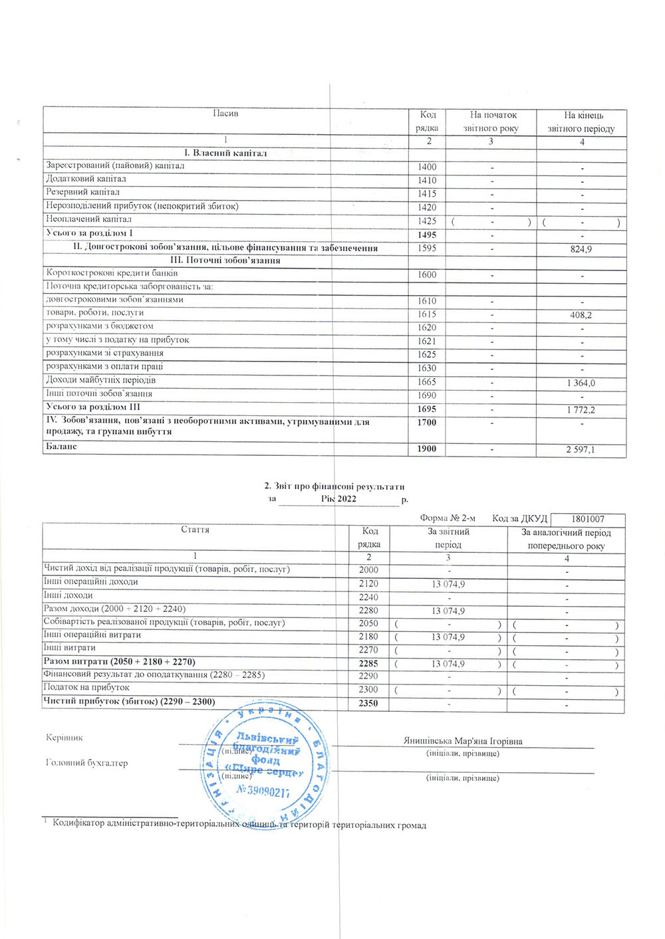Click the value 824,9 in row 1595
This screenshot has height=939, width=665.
(x=581, y=249)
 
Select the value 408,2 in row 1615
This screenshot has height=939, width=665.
(x=581, y=315)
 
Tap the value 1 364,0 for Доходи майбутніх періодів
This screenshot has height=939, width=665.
(x=581, y=383)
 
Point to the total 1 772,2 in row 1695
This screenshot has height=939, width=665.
(x=581, y=409)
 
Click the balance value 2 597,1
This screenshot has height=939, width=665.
(x=581, y=450)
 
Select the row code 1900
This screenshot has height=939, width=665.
(x=427, y=449)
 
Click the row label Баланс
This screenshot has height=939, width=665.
(x=61, y=447)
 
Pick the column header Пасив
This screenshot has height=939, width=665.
(x=225, y=114)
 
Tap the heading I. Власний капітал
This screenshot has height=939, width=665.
(x=225, y=153)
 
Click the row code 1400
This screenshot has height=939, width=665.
(x=427, y=167)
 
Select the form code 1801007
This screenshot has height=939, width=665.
(x=588, y=519)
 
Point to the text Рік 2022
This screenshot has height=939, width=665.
(x=338, y=499)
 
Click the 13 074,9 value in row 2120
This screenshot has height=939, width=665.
(x=448, y=584)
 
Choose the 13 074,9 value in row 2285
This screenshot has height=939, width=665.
(x=448, y=664)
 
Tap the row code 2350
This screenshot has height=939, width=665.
(x=368, y=702)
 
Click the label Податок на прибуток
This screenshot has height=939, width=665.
(x=86, y=687)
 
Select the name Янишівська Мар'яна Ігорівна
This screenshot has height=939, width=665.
(x=463, y=741)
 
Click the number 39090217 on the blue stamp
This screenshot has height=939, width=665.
(x=263, y=790)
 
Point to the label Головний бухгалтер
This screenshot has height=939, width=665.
(x=86, y=763)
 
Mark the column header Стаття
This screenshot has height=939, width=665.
(x=195, y=530)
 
